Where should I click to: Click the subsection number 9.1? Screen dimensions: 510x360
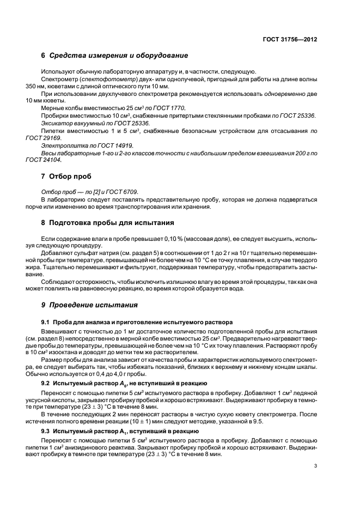(x=46, y=321)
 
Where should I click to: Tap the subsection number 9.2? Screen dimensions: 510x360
(x=46, y=384)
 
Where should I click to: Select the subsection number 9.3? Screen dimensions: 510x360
(x=46, y=430)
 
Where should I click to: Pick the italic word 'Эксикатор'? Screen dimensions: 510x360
(x=56, y=123)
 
